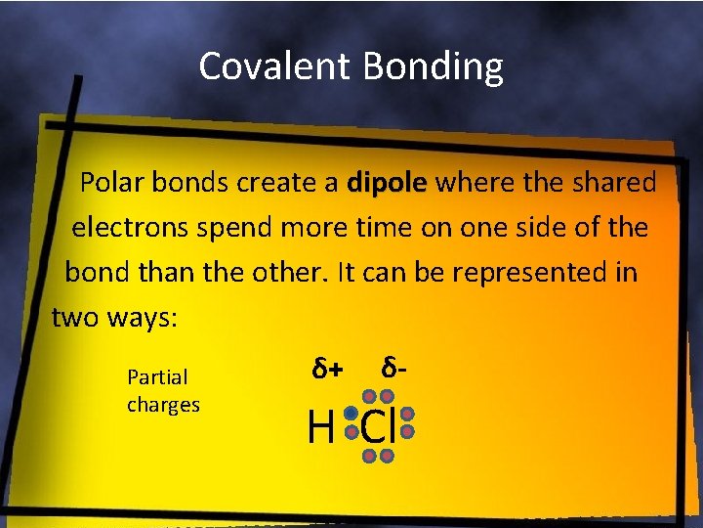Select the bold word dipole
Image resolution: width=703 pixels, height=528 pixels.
[x=388, y=183]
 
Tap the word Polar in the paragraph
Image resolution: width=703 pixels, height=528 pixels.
[x=111, y=183]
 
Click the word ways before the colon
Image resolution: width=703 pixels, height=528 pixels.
[x=139, y=317]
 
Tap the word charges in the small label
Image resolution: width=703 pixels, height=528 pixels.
[x=163, y=404]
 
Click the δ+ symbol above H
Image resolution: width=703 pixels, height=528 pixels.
[x=327, y=370]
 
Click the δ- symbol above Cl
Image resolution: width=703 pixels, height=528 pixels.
[x=394, y=369]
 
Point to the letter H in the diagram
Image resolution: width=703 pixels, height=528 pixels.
[x=319, y=427]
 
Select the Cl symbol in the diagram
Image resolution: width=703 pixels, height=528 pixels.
[x=380, y=427]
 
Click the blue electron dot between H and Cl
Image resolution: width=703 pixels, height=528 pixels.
[x=350, y=414]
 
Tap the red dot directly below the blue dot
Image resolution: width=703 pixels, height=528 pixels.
[x=350, y=431]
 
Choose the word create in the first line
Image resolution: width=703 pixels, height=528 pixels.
[x=289, y=183]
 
